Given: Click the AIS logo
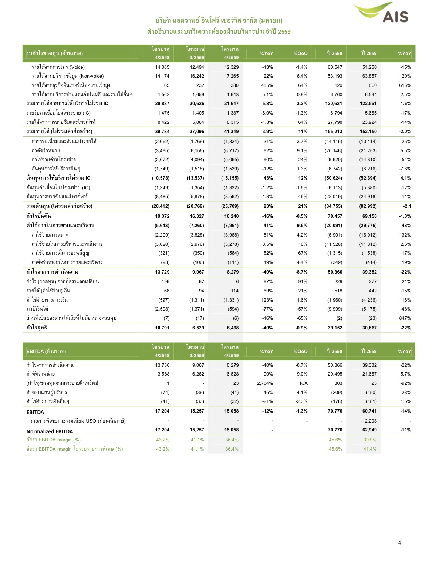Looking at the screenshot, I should [x=381, y=13].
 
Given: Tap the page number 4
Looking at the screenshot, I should [x=399, y=543].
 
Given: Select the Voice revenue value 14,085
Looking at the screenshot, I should [x=162, y=67].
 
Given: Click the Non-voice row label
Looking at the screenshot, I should [x=67, y=76].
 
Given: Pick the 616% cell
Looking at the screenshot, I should [x=405, y=85].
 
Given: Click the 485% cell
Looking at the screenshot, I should [x=267, y=85].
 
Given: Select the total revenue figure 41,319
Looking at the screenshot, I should [x=231, y=132].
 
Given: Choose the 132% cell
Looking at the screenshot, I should [x=405, y=235].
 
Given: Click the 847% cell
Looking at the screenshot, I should [x=405, y=318].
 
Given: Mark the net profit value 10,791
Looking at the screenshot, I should [x=162, y=328].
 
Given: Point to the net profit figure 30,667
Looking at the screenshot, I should [x=369, y=328].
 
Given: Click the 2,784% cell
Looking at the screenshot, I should [x=265, y=383].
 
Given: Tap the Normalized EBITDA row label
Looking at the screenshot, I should [x=50, y=431].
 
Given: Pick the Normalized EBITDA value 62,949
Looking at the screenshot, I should [x=369, y=430].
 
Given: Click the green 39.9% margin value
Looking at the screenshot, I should [x=370, y=440].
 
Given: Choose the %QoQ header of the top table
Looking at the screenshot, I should [x=300, y=54].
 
